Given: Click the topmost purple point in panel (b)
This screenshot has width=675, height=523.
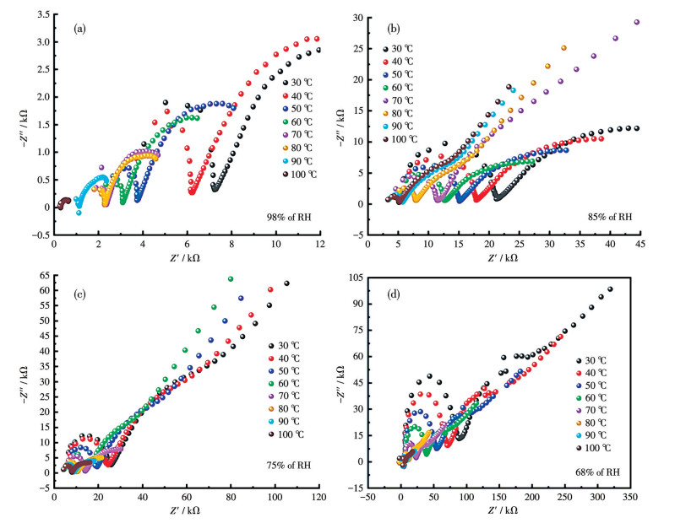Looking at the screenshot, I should [637, 23].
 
